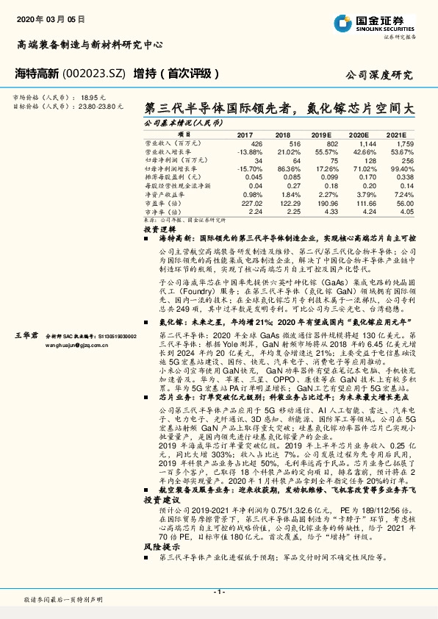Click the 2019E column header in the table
[x=320, y=135]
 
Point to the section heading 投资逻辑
[x=156, y=230]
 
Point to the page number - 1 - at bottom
[x=218, y=592]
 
